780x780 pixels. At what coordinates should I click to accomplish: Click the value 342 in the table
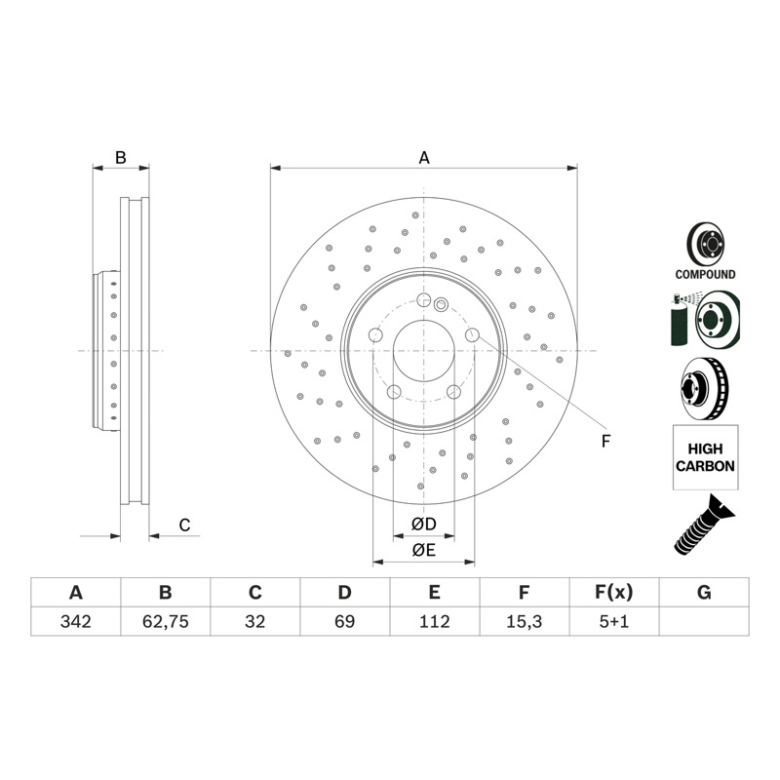tap(76, 621)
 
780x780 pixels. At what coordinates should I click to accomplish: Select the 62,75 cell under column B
tap(166, 621)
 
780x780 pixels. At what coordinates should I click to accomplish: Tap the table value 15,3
tap(525, 621)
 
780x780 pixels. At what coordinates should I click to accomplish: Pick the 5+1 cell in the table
tap(614, 621)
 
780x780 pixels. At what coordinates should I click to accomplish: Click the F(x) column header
tap(614, 593)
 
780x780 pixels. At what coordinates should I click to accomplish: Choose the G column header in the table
tap(704, 593)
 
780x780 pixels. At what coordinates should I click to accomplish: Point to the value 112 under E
tap(434, 621)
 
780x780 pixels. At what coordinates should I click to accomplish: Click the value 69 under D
tap(345, 621)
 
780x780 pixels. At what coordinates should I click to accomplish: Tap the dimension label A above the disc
tap(424, 158)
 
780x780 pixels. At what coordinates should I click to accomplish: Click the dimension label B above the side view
tap(120, 158)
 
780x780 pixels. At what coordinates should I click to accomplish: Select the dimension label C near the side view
tap(184, 525)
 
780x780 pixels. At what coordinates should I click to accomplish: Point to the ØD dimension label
tap(424, 524)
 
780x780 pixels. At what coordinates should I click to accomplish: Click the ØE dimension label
tap(424, 550)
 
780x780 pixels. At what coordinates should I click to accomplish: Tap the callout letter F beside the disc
tap(605, 441)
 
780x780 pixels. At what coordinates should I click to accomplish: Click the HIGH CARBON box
tap(705, 457)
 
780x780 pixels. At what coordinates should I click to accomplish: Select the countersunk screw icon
tap(704, 526)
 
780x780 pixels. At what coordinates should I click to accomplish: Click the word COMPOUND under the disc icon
tap(705, 274)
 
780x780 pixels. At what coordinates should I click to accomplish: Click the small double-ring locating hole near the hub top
tap(441, 304)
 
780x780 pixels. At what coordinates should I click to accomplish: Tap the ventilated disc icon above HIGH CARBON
tap(704, 388)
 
